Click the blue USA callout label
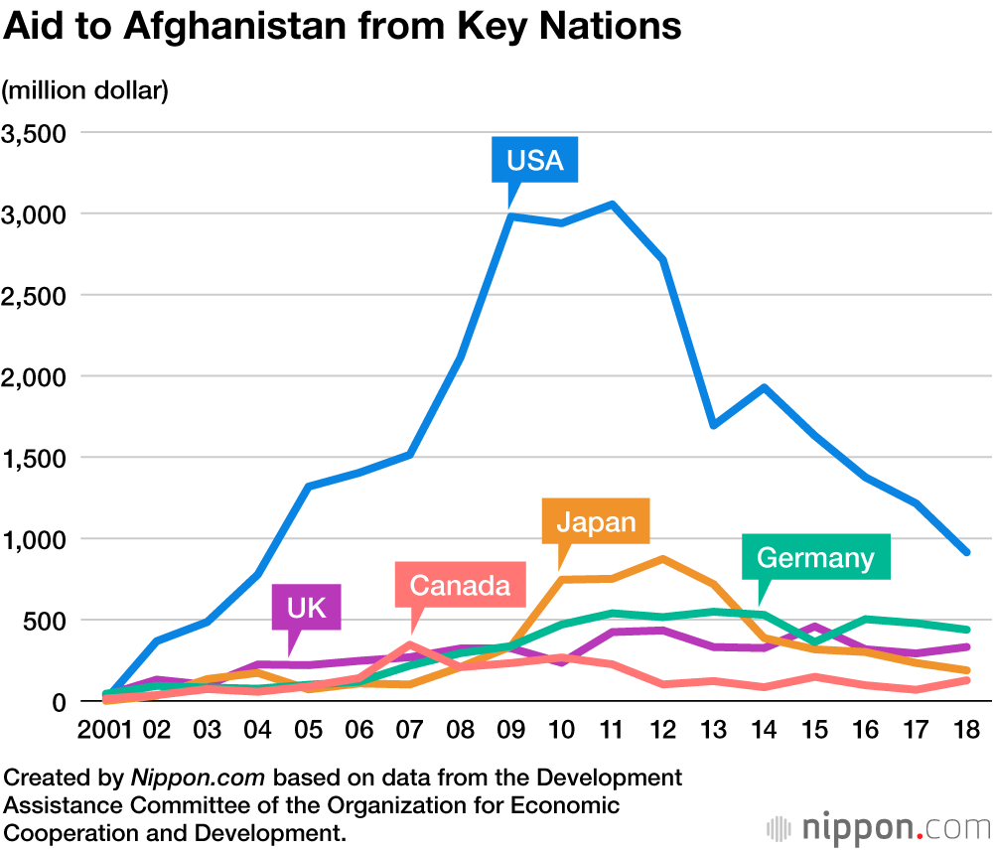534,160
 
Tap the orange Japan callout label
596,520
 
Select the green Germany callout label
815,557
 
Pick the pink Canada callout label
459,585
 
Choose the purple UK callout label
306,607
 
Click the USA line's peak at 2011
613,205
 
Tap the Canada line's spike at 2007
410,644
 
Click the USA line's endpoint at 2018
966,552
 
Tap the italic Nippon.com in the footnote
196,777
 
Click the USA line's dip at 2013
714,425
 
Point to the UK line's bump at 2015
814,628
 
